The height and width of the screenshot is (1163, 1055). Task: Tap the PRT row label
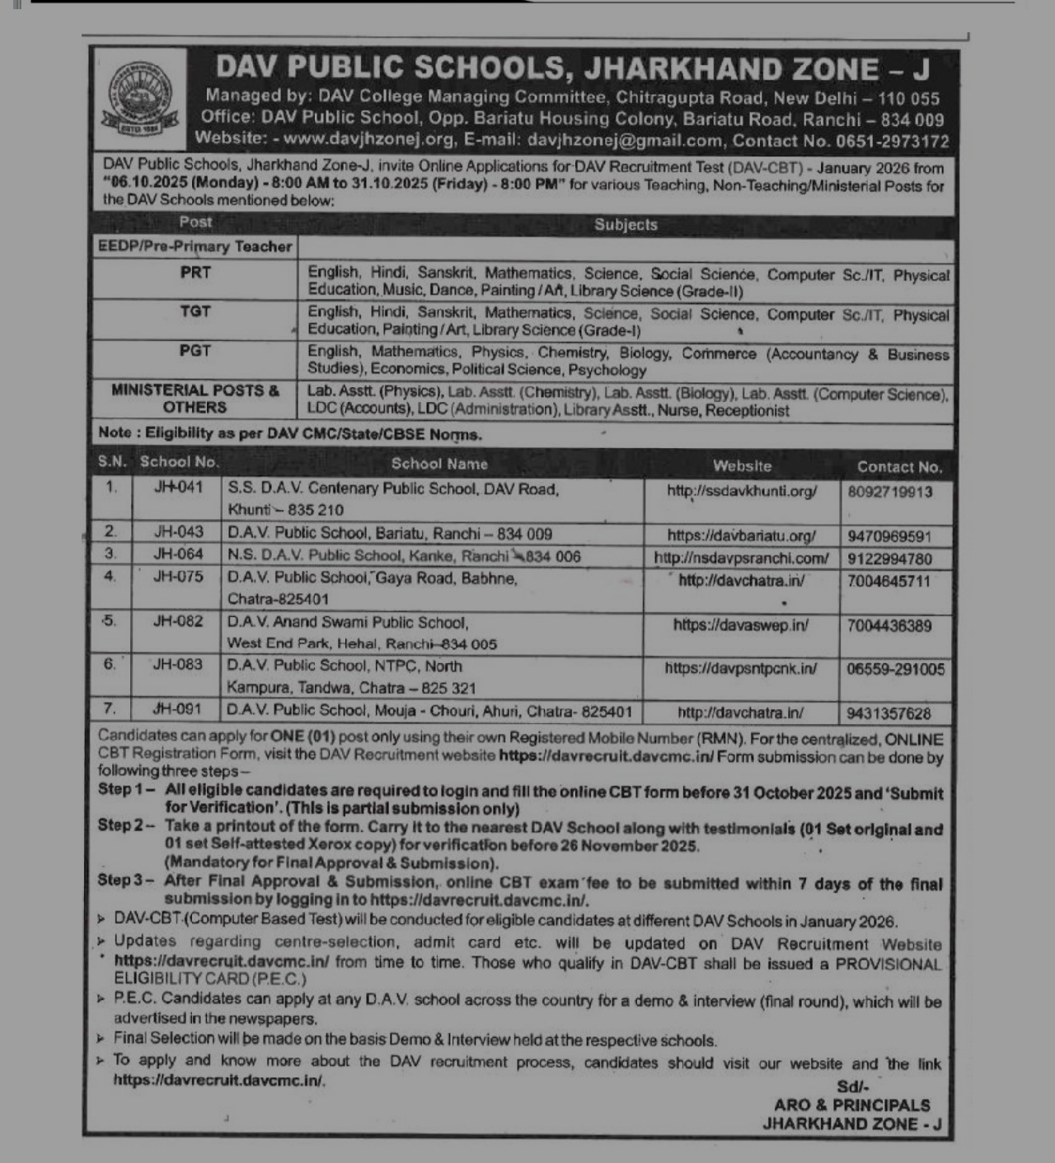pyautogui.click(x=195, y=272)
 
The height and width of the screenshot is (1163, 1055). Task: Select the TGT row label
pyautogui.click(x=195, y=311)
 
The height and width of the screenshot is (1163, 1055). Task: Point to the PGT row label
pyautogui.click(x=195, y=351)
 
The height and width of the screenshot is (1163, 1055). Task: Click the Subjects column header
pyautogui.click(x=626, y=224)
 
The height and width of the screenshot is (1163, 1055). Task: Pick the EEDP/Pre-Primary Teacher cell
pyautogui.click(x=195, y=246)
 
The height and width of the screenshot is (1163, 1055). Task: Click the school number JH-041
pyautogui.click(x=178, y=488)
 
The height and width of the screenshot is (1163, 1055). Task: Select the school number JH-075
pyautogui.click(x=178, y=577)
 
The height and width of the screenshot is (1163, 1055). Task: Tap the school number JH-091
pyautogui.click(x=178, y=708)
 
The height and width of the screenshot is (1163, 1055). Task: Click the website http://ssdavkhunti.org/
pyautogui.click(x=742, y=491)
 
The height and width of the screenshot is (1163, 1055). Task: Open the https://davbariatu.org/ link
pyautogui.click(x=741, y=535)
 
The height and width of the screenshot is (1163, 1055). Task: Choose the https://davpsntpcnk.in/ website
pyautogui.click(x=741, y=668)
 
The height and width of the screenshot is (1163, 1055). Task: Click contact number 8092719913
pyautogui.click(x=889, y=492)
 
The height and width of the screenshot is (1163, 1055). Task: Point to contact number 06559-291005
pyautogui.click(x=895, y=669)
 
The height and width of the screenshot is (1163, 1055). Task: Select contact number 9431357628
pyautogui.click(x=889, y=713)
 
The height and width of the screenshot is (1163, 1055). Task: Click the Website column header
pyautogui.click(x=742, y=466)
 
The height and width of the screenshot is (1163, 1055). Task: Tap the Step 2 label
pyautogui.click(x=126, y=825)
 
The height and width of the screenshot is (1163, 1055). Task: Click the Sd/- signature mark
pyautogui.click(x=853, y=1086)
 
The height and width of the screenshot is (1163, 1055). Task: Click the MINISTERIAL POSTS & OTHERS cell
pyautogui.click(x=195, y=399)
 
